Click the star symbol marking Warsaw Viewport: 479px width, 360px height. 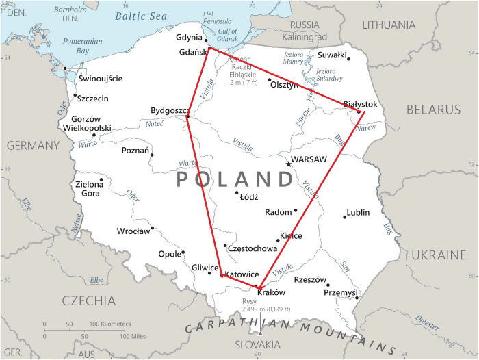coord(288,164)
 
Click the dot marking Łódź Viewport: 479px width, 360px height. coord(237,192)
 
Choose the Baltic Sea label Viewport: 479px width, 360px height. coord(141,15)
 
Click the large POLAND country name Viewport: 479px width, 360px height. coord(235,179)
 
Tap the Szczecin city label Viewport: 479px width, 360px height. coord(92,99)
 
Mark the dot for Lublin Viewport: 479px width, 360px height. coord(345,217)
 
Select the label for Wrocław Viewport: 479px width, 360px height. coord(133,231)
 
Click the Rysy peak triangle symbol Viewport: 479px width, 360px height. coord(259,333)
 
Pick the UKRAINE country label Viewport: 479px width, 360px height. coord(438,255)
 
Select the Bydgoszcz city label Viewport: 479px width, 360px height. coord(170,111)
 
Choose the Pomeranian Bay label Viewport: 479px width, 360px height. coord(82,46)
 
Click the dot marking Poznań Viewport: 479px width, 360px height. coord(152,155)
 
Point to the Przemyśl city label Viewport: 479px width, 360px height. coord(340,293)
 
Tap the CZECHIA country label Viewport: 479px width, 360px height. coord(89,300)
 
